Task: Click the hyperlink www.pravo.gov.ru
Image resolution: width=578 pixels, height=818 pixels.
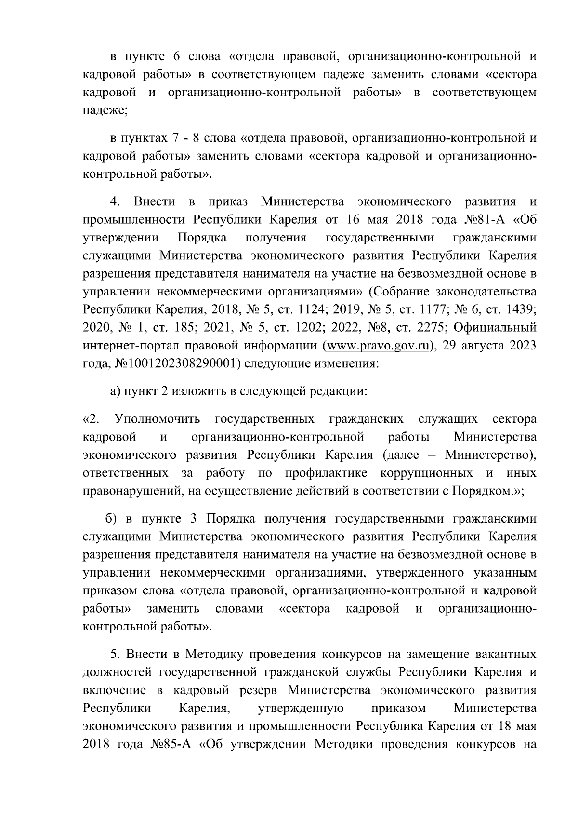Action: [377, 346]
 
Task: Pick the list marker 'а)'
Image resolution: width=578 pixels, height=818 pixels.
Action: [116, 392]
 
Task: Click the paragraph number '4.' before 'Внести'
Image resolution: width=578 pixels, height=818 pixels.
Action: [115, 201]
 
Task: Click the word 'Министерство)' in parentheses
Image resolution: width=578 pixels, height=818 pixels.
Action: [490, 455]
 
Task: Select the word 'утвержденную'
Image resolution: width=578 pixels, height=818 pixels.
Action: [301, 709]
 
